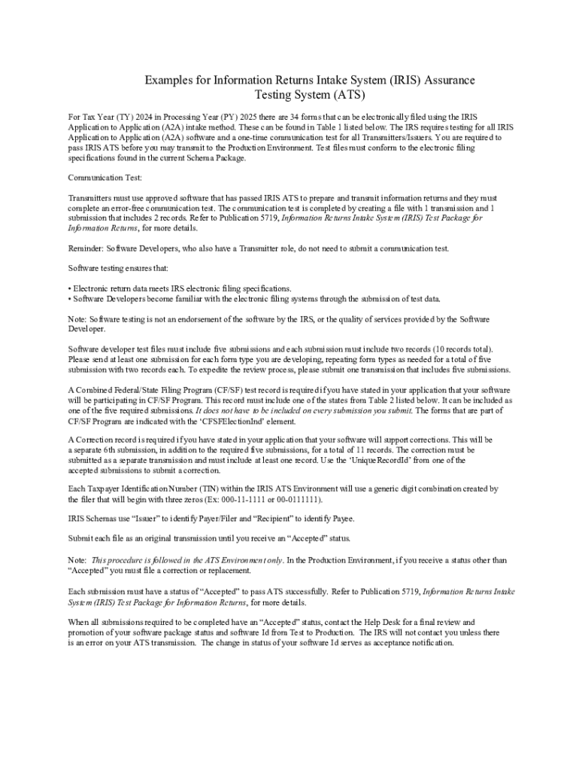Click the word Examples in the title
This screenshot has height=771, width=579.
(x=165, y=81)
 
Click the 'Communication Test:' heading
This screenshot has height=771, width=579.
(x=105, y=178)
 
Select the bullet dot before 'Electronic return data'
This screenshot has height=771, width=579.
(x=70, y=288)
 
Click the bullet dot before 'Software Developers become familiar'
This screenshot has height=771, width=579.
(x=70, y=299)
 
